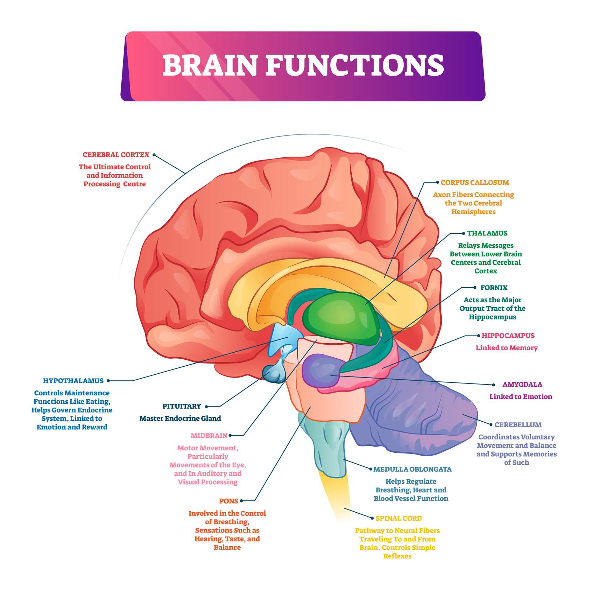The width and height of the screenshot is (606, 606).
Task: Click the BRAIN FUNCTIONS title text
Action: [x=303, y=65]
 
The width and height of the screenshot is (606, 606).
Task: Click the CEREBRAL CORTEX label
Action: [x=116, y=155]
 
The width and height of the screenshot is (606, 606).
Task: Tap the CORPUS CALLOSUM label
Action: [x=474, y=182]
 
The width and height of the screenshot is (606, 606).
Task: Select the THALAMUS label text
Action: [x=487, y=233]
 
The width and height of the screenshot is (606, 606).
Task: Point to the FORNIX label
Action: [x=494, y=288]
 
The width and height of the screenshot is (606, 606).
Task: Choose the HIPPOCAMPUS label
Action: [x=508, y=336]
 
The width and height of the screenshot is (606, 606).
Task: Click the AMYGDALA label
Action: [x=522, y=385]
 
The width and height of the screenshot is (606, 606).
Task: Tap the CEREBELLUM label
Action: [x=518, y=425]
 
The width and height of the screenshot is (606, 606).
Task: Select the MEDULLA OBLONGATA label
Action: [x=412, y=469]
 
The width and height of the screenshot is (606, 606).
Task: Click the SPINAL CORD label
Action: [x=399, y=518]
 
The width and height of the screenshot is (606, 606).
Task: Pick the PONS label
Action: [x=228, y=501]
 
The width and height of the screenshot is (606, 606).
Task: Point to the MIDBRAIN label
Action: [x=209, y=436]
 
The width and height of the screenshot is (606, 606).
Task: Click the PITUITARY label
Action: [x=182, y=406]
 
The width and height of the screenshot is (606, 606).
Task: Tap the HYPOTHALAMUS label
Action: [x=73, y=381]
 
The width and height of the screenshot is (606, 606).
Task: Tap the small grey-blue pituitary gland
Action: [x=275, y=374]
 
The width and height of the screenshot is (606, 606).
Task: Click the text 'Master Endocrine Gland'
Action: [x=180, y=418]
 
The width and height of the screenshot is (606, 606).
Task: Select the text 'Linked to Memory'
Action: [x=506, y=348]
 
